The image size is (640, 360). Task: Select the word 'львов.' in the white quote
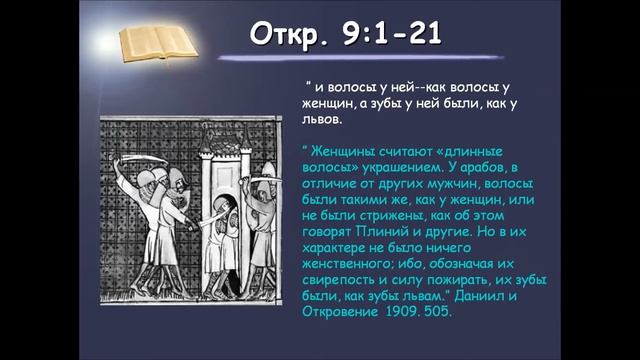tap(322, 119)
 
